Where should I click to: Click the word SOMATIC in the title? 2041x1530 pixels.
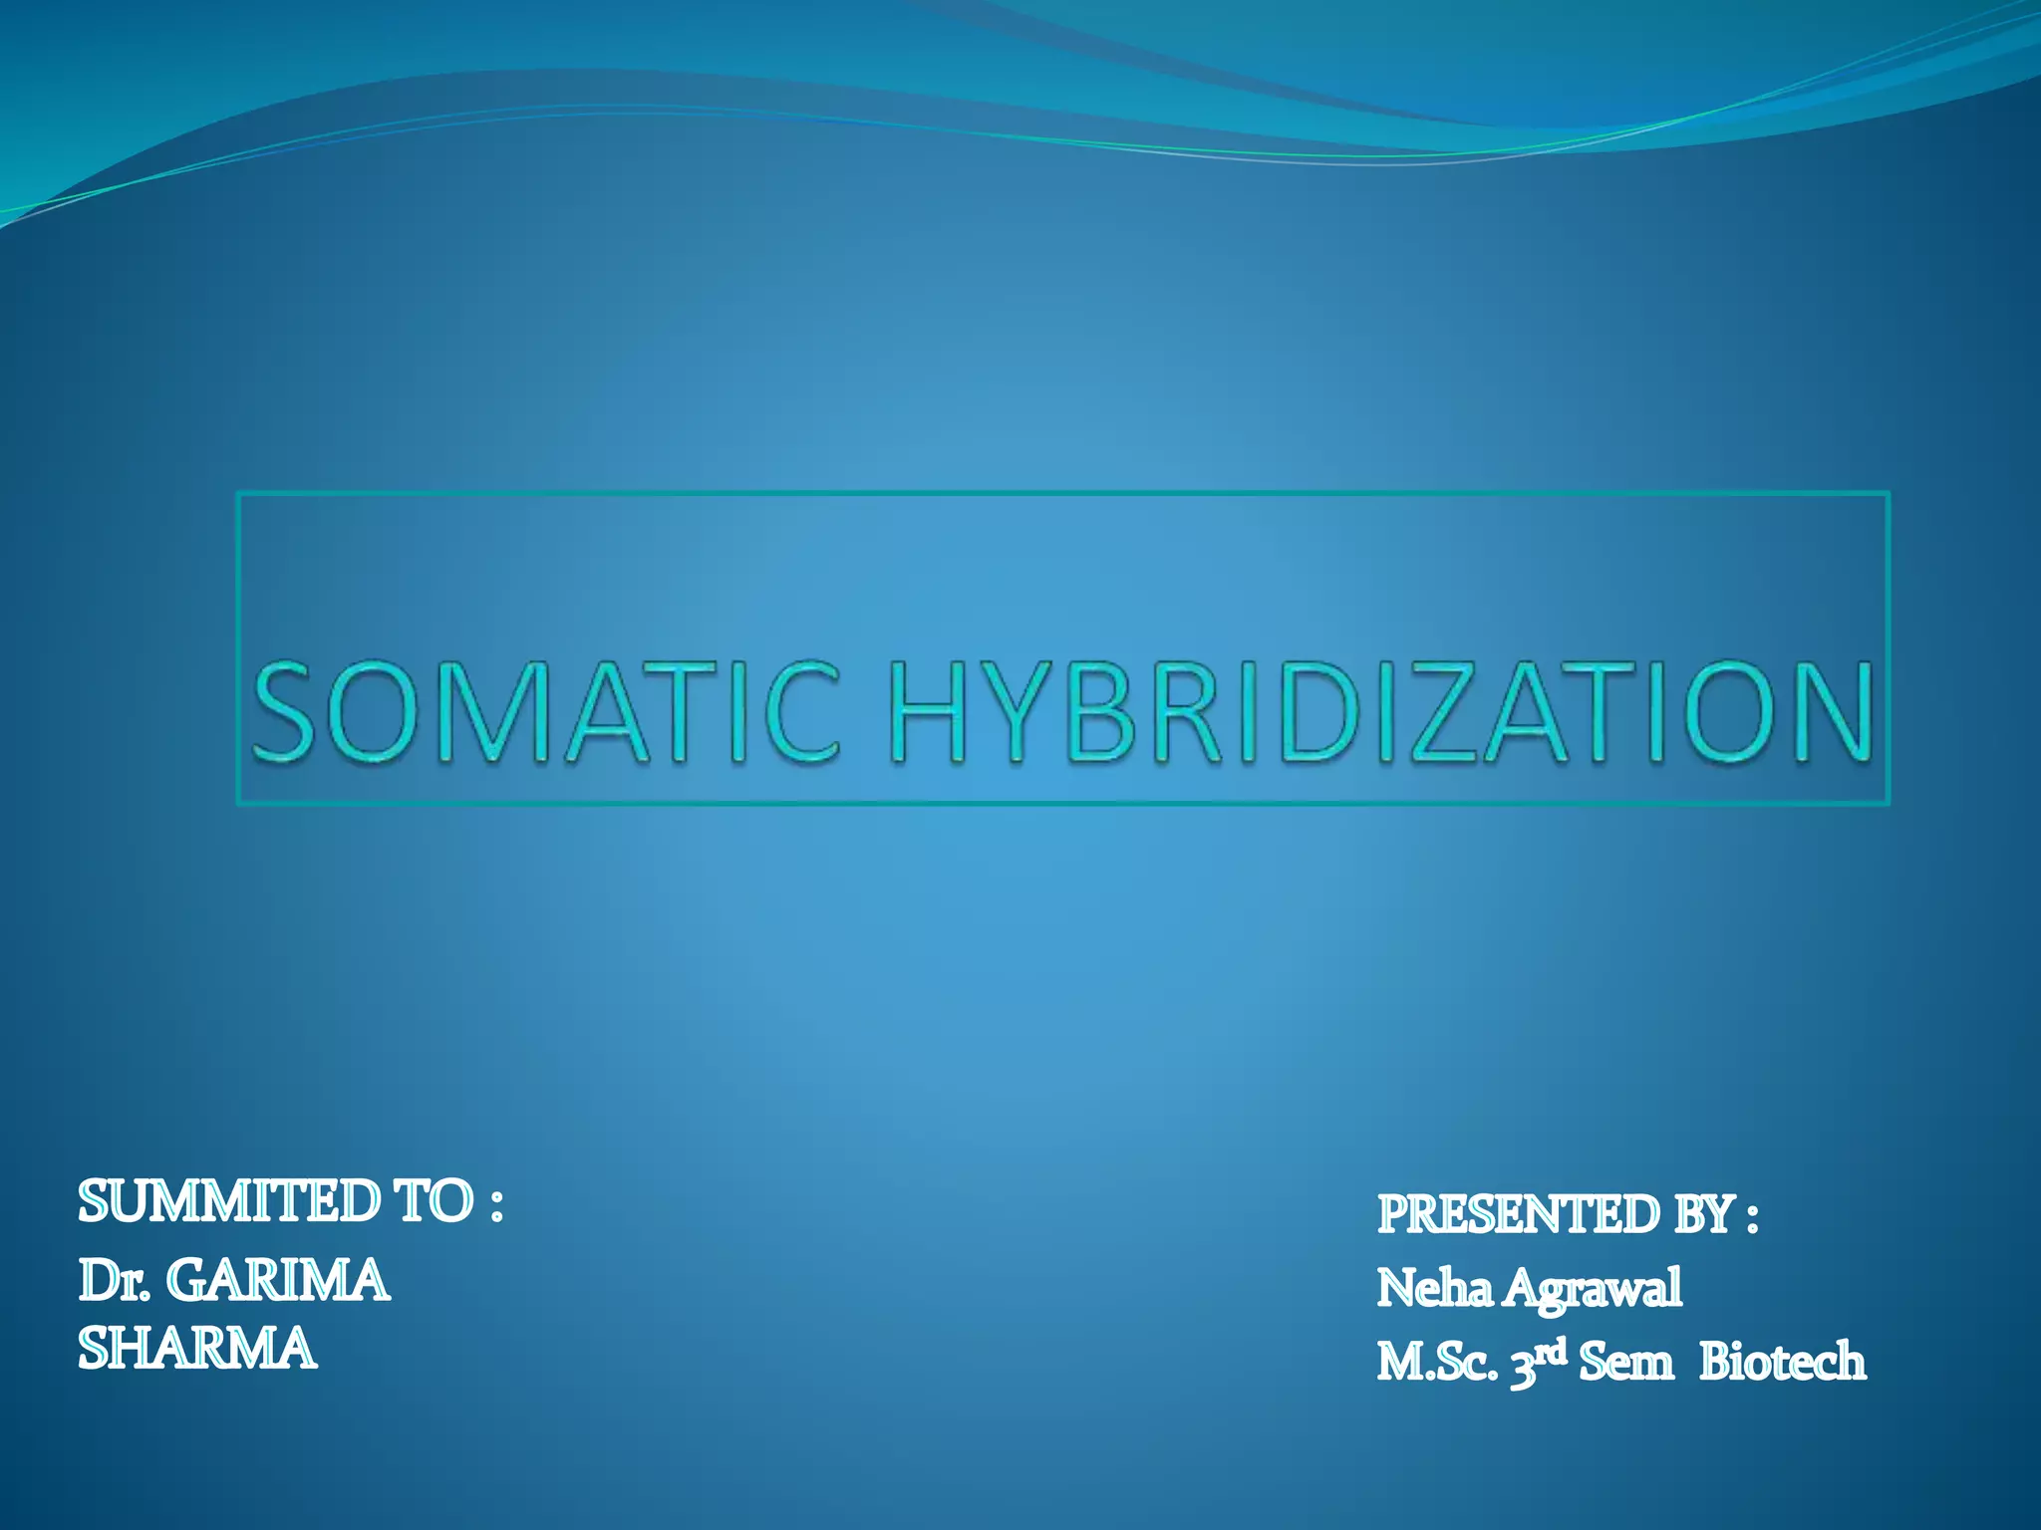coord(546,712)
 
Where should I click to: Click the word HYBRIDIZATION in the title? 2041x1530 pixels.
coord(1381,712)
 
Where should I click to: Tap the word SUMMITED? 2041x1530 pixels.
coord(229,1201)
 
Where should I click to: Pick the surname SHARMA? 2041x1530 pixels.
coord(197,1350)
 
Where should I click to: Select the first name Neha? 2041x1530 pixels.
coord(1434,1288)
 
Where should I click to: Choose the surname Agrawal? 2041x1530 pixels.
coord(1593,1288)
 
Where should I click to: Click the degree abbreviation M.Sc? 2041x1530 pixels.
coord(1436,1363)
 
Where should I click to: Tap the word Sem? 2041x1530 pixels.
coord(1625,1363)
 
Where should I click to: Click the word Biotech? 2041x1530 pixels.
coord(1782,1363)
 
